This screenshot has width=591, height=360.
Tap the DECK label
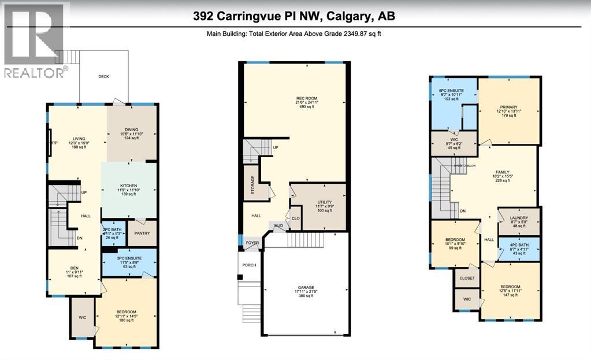tap(103, 76)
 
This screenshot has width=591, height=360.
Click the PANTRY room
tap(142, 233)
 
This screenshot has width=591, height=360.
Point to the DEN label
tap(73, 267)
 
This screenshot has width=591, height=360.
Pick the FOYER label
tap(252, 243)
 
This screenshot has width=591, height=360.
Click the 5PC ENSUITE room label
tap(451, 91)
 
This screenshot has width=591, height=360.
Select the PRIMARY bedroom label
tap(508, 106)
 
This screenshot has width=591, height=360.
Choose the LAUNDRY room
tap(518, 218)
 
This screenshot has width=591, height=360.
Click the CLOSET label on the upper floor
tap(467, 278)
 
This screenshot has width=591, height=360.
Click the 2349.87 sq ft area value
tap(359, 34)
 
